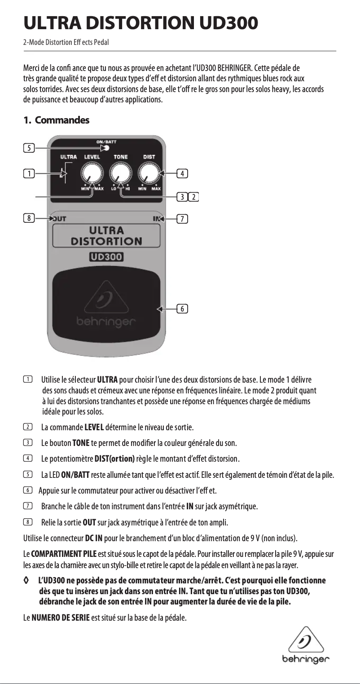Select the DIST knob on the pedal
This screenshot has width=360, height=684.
click(x=149, y=173)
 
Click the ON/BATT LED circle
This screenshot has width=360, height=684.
click(x=107, y=147)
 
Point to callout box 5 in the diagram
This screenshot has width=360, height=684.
click(x=28, y=147)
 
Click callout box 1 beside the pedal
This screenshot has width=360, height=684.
click(x=28, y=173)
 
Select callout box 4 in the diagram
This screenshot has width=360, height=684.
click(x=182, y=173)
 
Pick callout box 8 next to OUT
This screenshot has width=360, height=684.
click(x=28, y=219)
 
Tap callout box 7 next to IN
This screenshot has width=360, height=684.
click(x=182, y=219)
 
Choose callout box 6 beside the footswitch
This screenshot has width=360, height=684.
click(x=182, y=309)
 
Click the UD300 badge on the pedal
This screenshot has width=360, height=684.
click(x=106, y=257)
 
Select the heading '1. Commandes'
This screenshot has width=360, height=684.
click(x=56, y=120)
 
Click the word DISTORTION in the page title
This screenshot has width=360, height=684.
click(x=140, y=23)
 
